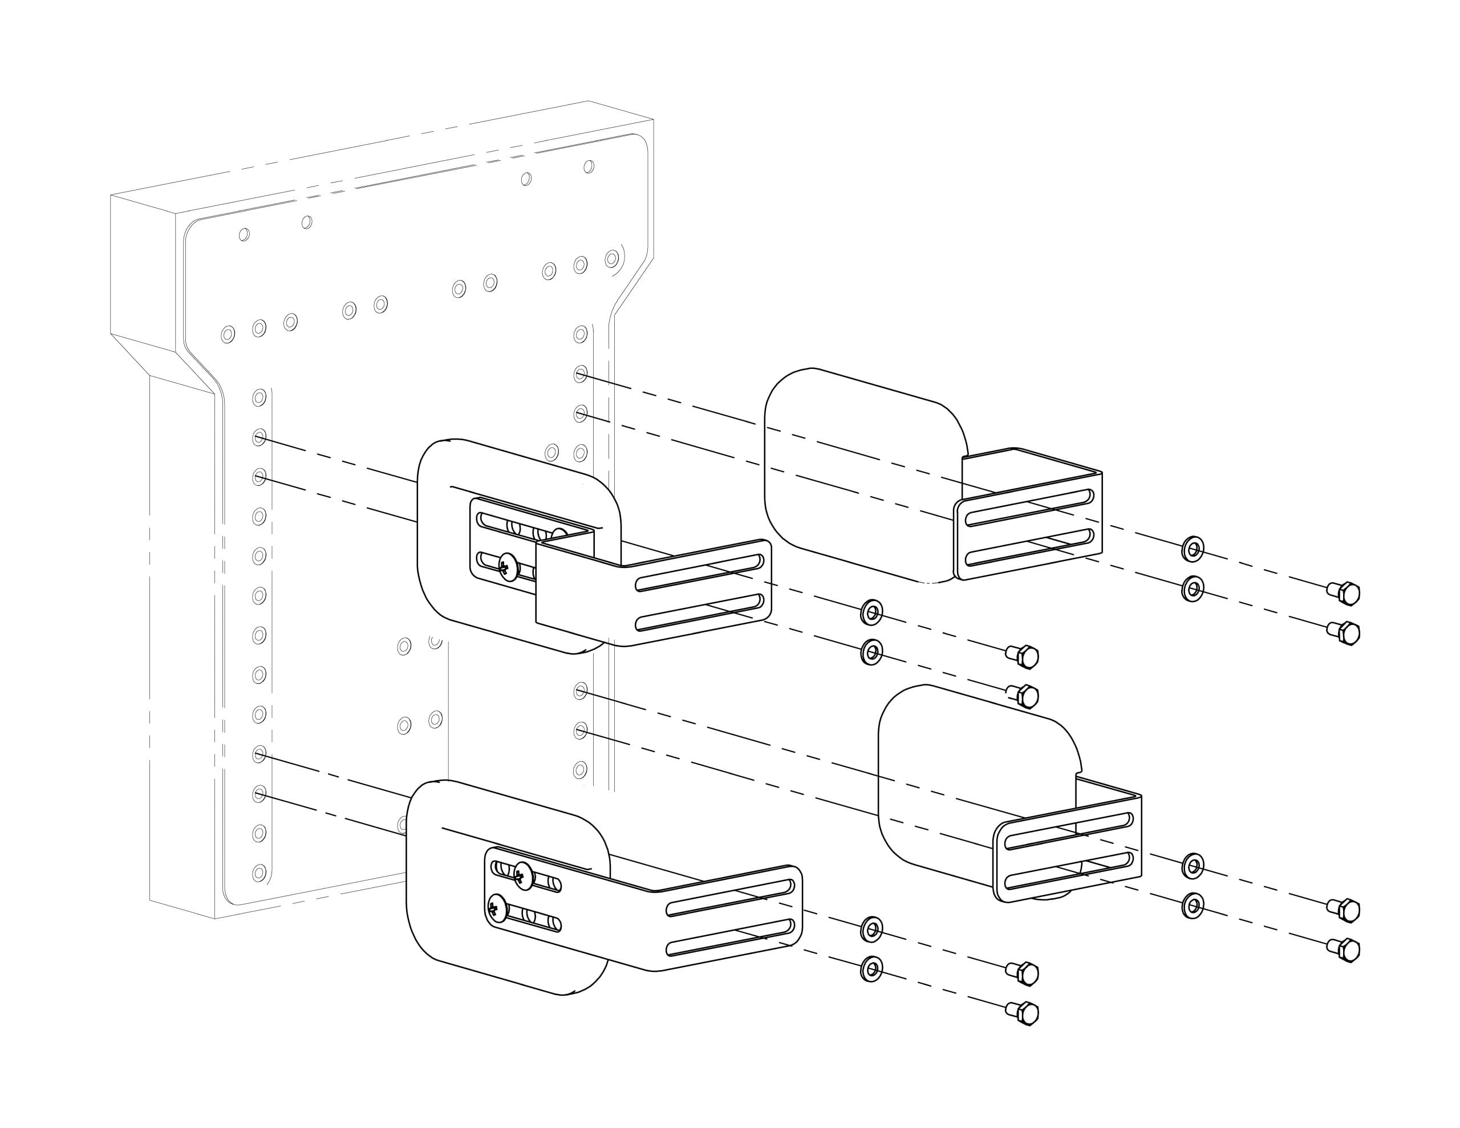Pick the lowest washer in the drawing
(871, 969)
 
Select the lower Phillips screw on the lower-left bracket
(497, 908)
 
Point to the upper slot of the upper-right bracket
(1029, 508)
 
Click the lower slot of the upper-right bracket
(1029, 547)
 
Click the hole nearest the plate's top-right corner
(589, 167)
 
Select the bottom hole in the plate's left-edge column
(259, 873)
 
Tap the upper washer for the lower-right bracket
(1193, 866)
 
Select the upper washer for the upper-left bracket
(871, 612)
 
